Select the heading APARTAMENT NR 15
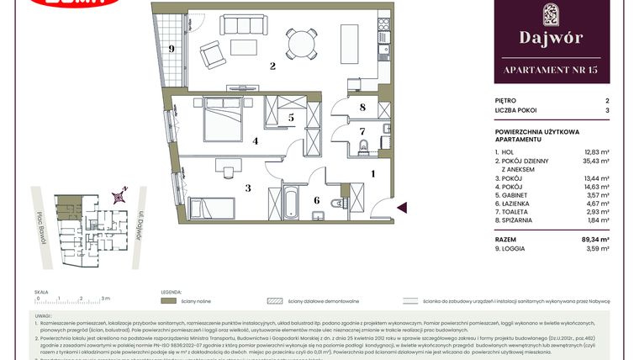(551, 69)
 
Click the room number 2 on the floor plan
(272, 66)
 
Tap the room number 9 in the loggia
(172, 50)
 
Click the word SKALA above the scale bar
(42, 291)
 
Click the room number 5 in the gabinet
(290, 119)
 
